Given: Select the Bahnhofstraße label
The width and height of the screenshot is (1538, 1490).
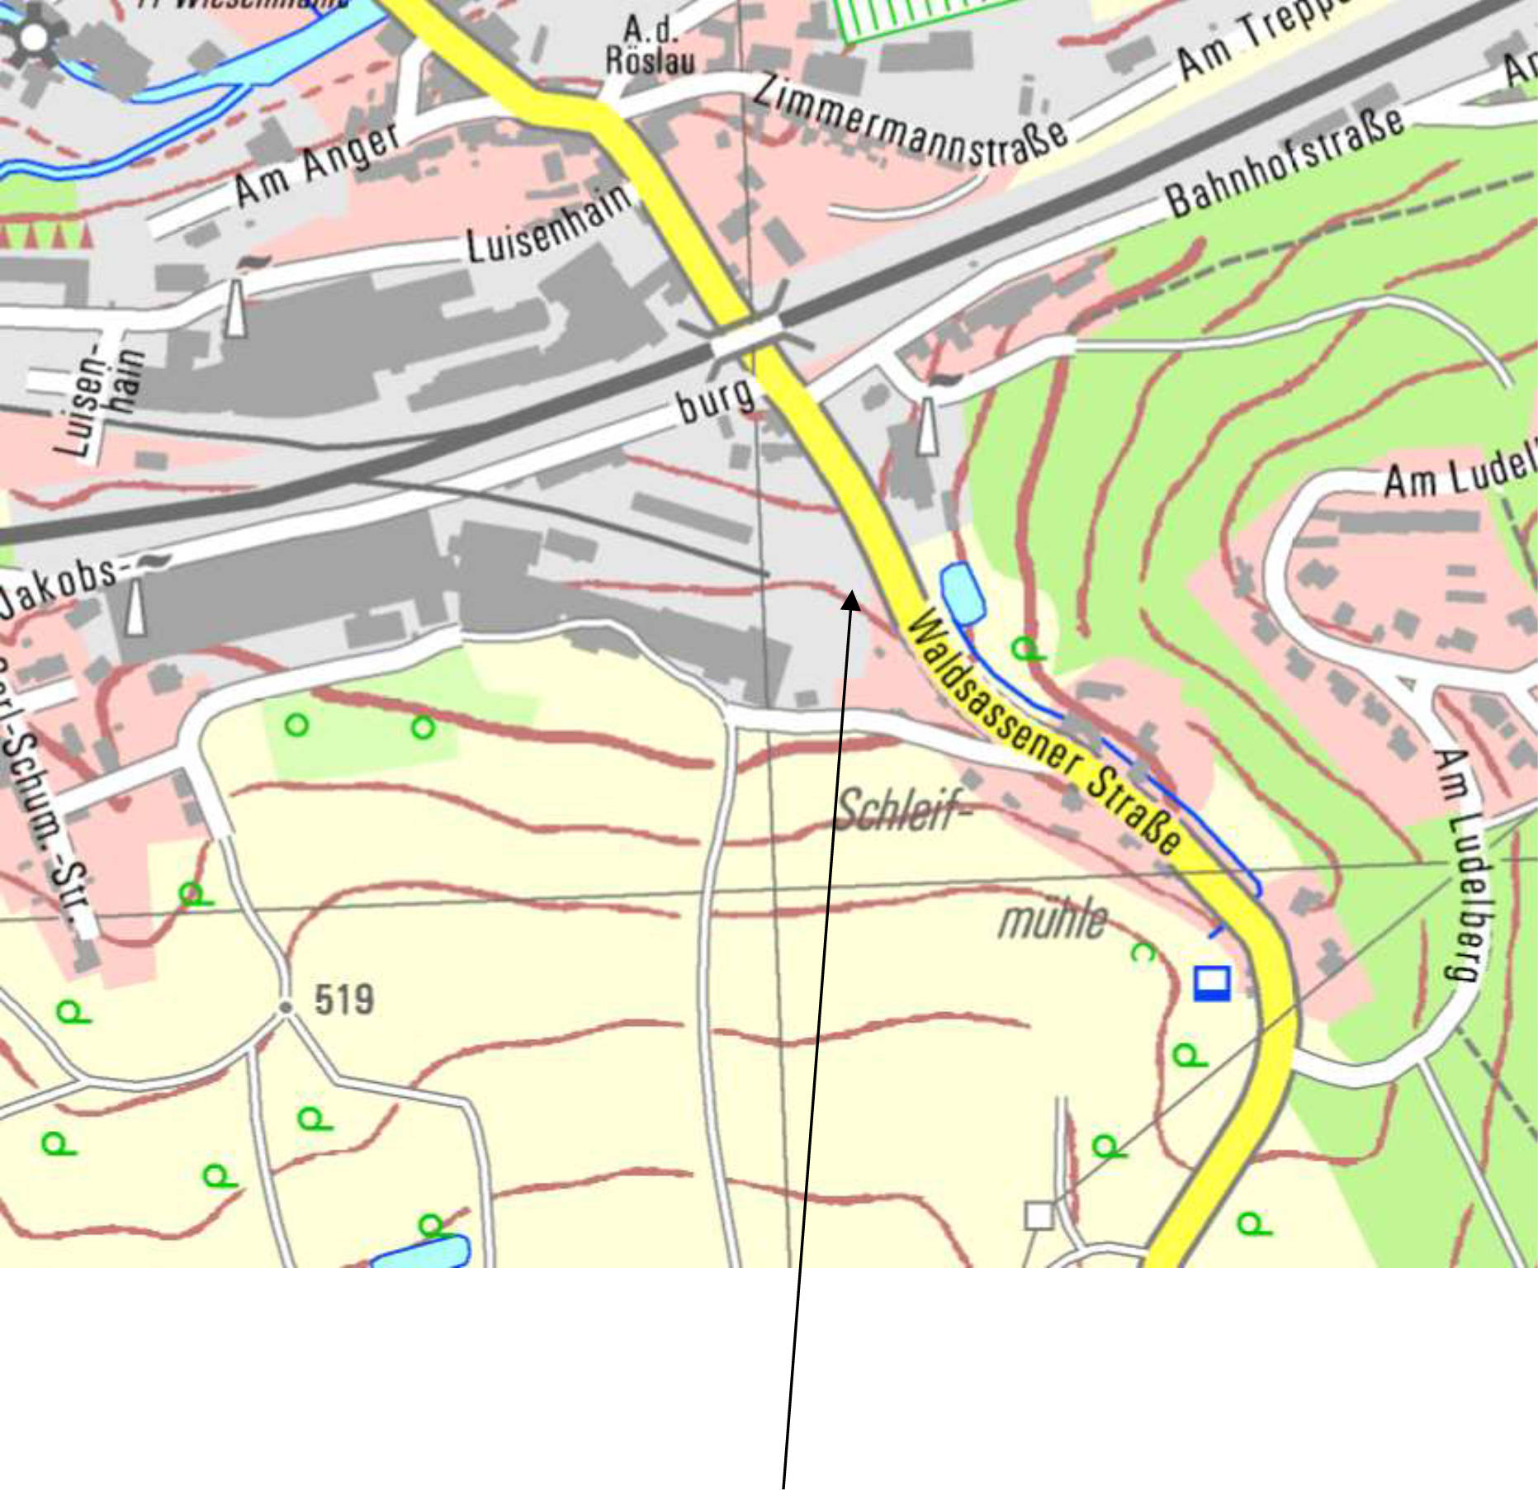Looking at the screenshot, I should [1285, 163].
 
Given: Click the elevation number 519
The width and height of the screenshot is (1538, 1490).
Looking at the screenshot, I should [344, 1000].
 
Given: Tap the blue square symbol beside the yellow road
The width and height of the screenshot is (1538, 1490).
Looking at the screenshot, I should [1212, 983].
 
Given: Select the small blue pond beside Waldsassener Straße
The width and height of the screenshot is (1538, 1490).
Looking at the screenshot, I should [962, 593].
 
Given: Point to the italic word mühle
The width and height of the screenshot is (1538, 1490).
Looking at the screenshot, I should [1053, 919].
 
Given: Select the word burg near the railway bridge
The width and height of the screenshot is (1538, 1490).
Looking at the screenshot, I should [716, 400].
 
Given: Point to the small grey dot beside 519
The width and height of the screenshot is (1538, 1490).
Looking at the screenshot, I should [286, 1008].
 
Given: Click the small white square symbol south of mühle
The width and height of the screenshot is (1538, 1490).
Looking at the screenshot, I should [1039, 1216].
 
